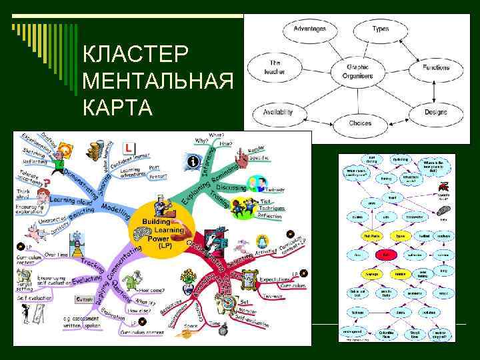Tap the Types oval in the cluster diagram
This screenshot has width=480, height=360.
pyautogui.click(x=380, y=29)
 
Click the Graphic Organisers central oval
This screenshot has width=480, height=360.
pyautogui.click(x=357, y=71)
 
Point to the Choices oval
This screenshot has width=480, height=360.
pyautogui.click(x=360, y=123)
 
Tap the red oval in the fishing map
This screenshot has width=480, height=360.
pyautogui.click(x=385, y=255)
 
